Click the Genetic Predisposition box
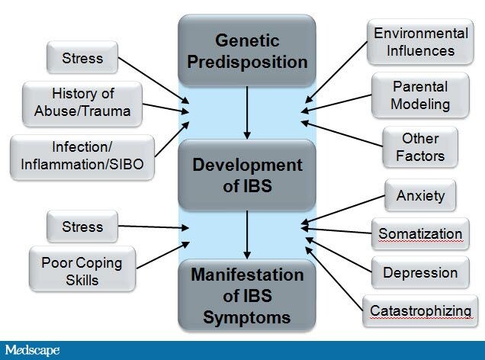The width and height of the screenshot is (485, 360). (246, 50)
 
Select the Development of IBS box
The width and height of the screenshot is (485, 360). (246, 174)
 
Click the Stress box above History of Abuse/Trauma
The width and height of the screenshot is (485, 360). (82, 57)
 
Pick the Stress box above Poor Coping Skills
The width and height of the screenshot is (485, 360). (82, 227)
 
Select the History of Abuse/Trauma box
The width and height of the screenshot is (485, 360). (82, 104)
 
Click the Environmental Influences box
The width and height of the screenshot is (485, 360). (420, 43)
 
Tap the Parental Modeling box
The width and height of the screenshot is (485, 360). (420, 95)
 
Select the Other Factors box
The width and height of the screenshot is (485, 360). (420, 147)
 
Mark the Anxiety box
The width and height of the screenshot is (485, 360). (420, 196)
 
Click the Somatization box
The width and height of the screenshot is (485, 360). (420, 233)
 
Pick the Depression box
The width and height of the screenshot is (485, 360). (420, 272)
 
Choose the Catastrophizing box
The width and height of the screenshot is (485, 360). (420, 310)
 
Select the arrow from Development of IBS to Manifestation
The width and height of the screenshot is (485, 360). (247, 234)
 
